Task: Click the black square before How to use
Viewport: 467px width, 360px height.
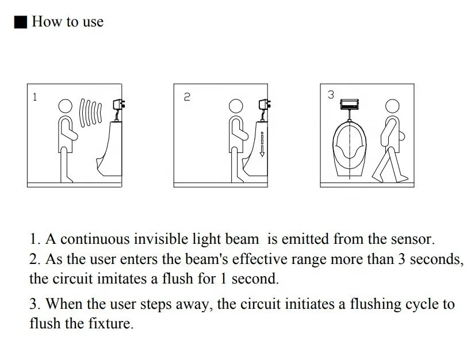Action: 21,22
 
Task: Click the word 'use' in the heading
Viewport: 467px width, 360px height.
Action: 93,22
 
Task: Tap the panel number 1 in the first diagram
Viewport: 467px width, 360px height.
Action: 35,97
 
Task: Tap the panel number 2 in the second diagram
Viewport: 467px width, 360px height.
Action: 187,97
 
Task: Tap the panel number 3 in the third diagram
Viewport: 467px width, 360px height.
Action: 331,94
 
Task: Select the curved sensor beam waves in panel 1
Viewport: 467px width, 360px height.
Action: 90,113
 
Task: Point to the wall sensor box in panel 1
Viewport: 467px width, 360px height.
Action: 119,105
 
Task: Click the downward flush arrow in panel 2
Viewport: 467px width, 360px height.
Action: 262,144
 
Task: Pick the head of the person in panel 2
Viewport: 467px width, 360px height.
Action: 236,106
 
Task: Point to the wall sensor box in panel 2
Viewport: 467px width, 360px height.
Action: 265,105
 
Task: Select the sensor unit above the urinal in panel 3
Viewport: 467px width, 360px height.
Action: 350,104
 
